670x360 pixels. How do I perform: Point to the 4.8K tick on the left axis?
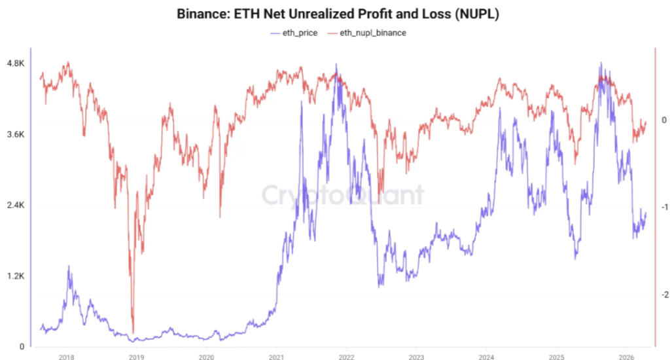(15, 63)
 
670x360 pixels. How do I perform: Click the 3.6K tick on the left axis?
(15, 134)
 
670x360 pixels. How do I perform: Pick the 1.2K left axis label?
(15, 276)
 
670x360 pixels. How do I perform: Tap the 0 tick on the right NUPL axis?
(663, 120)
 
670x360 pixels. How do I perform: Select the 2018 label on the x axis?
(66, 356)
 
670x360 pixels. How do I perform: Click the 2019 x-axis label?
(136, 356)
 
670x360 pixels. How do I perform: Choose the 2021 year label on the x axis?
(276, 356)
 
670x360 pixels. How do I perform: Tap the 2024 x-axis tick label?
(486, 356)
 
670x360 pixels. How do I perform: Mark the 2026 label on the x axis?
(626, 356)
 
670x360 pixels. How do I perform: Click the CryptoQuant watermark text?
(343, 194)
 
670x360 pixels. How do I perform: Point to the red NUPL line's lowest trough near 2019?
(133, 333)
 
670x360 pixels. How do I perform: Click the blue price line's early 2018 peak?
(69, 267)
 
